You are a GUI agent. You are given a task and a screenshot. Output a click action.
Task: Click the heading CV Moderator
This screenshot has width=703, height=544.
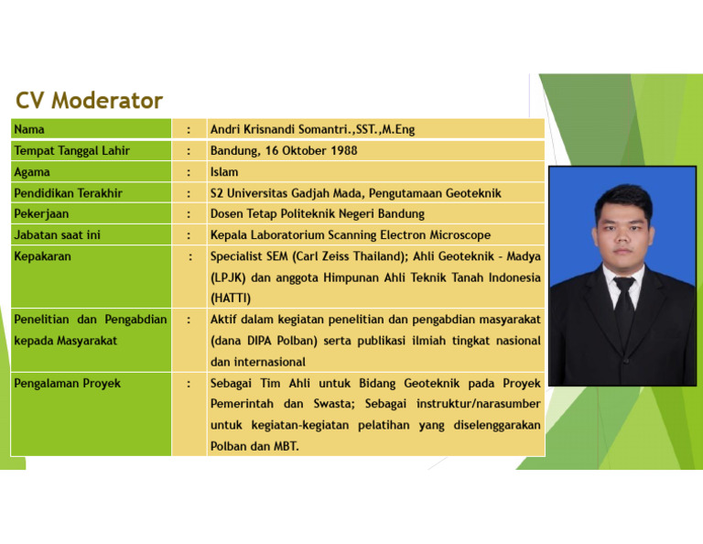pos(89,101)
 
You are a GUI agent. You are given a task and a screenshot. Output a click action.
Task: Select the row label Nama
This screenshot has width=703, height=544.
pos(29,129)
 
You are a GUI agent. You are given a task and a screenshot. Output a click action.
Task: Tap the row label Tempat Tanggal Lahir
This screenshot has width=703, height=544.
pos(71,150)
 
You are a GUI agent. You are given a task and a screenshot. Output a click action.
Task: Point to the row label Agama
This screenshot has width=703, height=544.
pos(32,171)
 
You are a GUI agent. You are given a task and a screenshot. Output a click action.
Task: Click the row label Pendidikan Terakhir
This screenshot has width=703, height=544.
pos(68,193)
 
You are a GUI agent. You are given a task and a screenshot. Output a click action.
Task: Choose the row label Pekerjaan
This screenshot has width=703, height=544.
pos(41,214)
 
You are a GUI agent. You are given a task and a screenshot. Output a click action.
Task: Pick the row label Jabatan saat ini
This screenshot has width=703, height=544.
pos(57,235)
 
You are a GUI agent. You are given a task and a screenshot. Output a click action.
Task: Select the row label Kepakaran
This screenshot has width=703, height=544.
pos(42,256)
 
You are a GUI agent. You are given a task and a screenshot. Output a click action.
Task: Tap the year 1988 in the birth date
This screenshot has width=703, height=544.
pos(343,150)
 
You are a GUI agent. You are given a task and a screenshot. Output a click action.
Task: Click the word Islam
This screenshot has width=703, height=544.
pos(224,171)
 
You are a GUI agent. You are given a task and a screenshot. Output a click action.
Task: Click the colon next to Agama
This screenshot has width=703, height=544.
pos(188,171)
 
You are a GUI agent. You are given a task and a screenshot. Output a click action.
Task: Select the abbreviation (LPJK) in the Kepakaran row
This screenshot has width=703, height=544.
pos(227,277)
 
